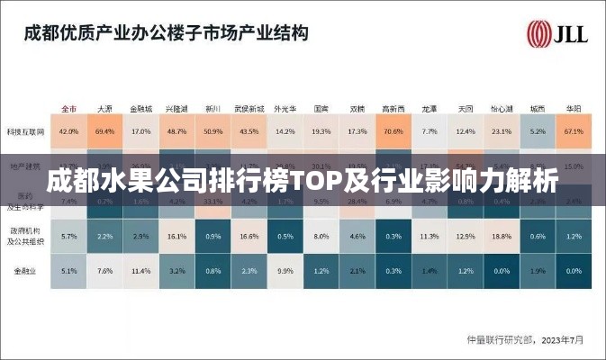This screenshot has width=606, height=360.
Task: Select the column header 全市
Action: [x=68, y=108]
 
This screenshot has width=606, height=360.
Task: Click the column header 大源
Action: [x=104, y=108]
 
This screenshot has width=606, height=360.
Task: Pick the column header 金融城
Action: [x=140, y=108]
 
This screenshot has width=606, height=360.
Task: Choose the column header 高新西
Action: [x=393, y=108]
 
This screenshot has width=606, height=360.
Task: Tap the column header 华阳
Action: [x=573, y=108]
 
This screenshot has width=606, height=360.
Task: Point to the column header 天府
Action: [x=465, y=108]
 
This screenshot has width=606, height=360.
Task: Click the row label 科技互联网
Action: [x=25, y=131]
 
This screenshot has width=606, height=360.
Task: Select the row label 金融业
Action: [x=25, y=270]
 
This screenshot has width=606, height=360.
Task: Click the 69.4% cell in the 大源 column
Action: [x=104, y=131]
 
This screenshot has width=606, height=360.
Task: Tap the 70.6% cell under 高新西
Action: [x=393, y=131]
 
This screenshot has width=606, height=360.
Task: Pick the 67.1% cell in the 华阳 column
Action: [x=573, y=131]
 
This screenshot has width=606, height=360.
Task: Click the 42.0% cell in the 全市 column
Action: [x=68, y=131]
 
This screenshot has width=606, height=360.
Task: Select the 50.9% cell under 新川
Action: [x=213, y=131]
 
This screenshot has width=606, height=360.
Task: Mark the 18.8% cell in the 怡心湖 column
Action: [x=501, y=236]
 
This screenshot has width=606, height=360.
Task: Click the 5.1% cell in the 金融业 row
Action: [x=68, y=270]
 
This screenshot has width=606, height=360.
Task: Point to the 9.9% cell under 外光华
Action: [x=285, y=270]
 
